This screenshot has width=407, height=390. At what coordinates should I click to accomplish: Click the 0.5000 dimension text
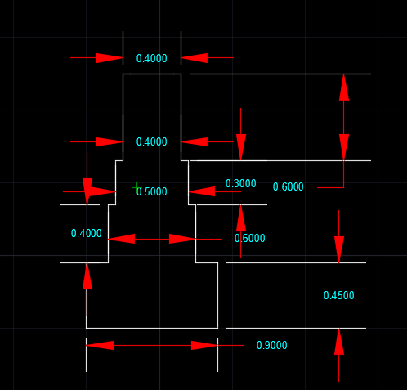[152, 191]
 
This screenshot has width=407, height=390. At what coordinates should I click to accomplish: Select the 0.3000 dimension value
[241, 183]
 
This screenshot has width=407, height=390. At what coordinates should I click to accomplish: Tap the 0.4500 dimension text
[339, 295]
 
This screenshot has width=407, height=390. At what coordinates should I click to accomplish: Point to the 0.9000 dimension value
[272, 345]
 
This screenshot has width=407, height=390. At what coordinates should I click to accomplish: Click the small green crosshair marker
[136, 187]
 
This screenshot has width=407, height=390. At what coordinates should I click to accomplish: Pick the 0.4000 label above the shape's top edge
[152, 58]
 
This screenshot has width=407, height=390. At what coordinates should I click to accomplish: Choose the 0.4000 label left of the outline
[87, 233]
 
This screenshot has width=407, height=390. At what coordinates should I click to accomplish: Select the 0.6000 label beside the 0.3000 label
[288, 186]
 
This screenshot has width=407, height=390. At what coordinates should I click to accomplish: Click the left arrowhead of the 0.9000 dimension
[100, 345]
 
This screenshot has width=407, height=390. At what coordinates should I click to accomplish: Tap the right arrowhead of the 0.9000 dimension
[204, 345]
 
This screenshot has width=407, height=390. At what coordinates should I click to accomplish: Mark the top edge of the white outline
[152, 74]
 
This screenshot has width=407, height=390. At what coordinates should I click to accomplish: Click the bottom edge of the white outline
[152, 328]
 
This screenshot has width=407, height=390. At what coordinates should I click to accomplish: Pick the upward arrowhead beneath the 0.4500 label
[339, 342]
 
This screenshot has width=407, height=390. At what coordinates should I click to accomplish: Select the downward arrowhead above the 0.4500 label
[339, 249]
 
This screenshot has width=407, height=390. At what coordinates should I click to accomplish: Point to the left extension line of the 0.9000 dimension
[86, 355]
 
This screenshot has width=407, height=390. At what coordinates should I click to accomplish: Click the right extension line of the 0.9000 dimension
[217, 355]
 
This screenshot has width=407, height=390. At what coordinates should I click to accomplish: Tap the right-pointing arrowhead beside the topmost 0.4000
[110, 58]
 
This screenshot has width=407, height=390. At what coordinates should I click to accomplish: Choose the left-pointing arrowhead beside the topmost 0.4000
[195, 58]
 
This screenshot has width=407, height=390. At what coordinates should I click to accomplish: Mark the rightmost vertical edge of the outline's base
[218, 295]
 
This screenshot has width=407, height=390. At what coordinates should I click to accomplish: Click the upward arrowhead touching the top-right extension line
[344, 87]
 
